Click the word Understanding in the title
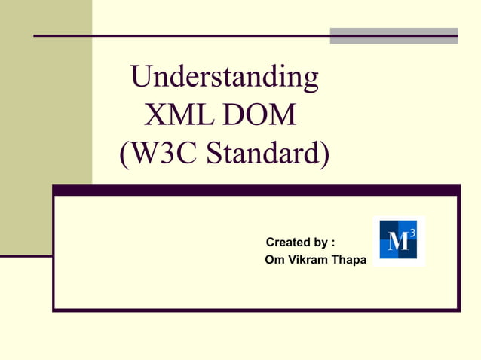coord(224,77)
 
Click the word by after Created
coord(320,243)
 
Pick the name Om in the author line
coord(274,261)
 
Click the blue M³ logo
coord(398,241)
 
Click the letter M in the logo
coord(397,243)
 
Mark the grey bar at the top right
coord(394,35)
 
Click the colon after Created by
coord(332,243)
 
